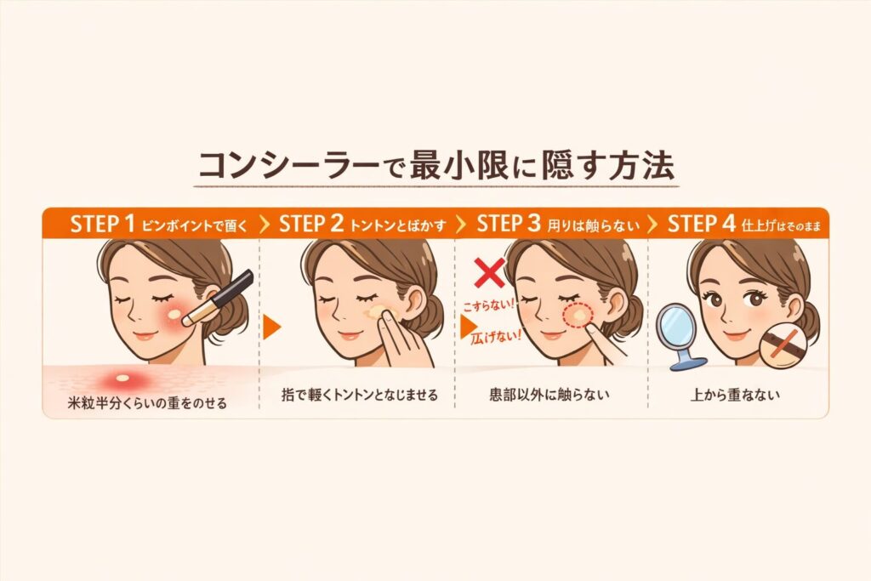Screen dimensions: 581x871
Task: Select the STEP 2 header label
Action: pyautogui.click(x=310, y=224)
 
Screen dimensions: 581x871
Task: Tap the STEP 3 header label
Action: pyautogui.click(x=509, y=224)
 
